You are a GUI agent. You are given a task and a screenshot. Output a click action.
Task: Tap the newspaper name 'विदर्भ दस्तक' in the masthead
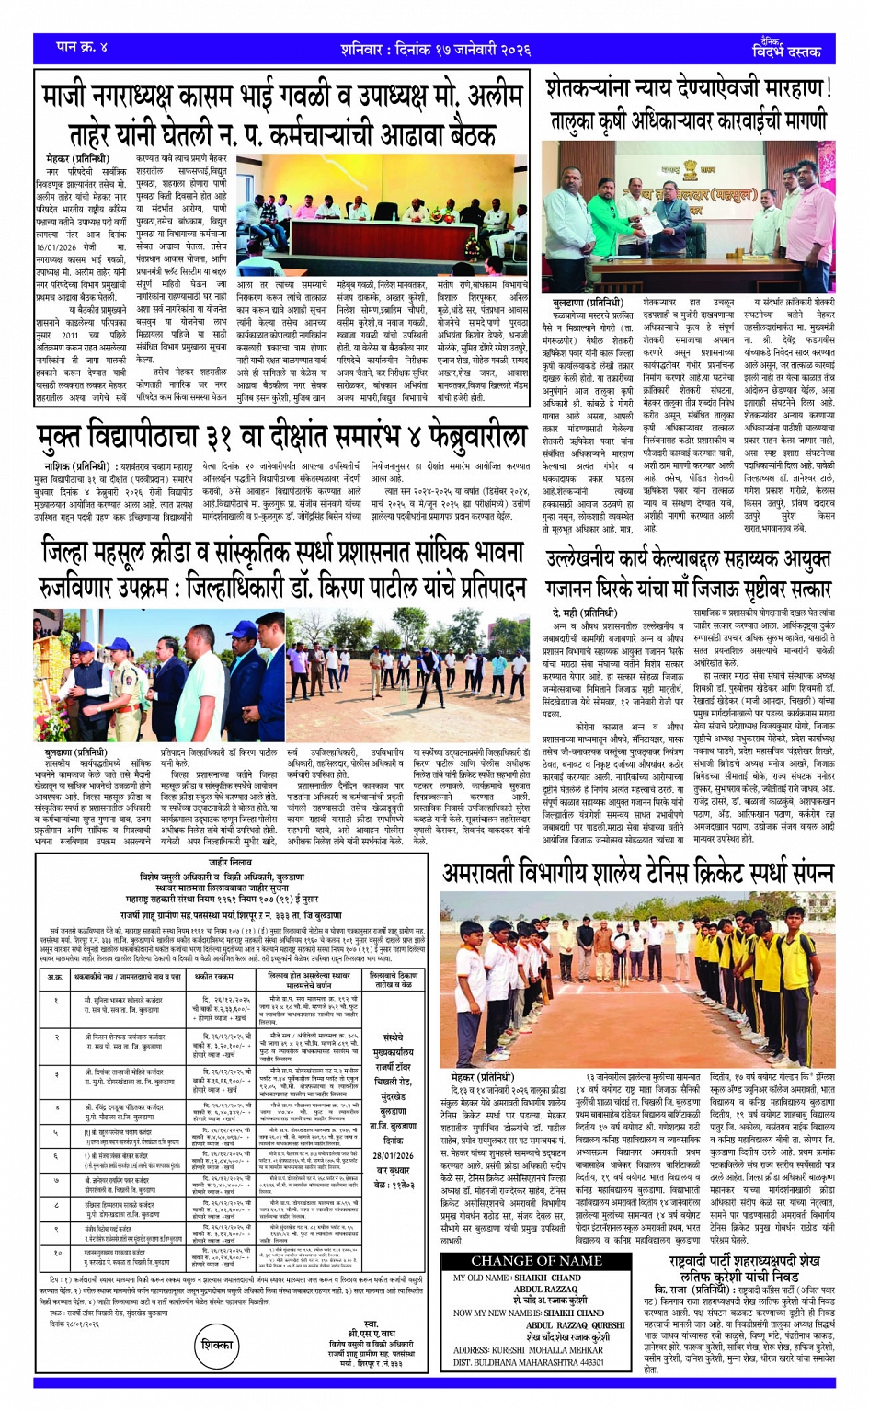coord(785,52)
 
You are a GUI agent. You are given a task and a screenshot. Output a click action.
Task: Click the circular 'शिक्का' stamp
coord(217,1344)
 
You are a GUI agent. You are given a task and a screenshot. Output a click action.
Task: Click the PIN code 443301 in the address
coord(585,1362)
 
